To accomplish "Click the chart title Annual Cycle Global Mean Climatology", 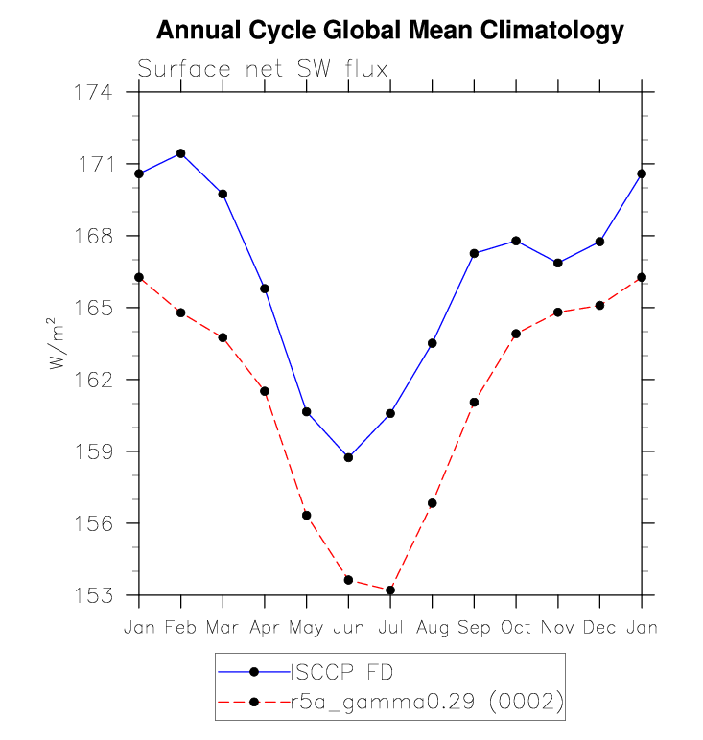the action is coord(390,31).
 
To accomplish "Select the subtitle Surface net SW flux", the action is coord(263,69).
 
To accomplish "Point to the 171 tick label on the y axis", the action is coord(96,164).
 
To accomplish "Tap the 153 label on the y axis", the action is coord(94,595).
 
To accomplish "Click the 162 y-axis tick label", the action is coord(94,380).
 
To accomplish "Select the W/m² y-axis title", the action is coord(57,343).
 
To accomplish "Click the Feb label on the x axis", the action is coord(180,627).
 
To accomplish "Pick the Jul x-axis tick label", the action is coord(390,627).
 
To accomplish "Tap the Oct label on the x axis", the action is coord(516,627).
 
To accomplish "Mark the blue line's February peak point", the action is coord(181,153).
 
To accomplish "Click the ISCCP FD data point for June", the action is coord(348,457).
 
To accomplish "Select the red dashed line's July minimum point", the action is coord(390,590).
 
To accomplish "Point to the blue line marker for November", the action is coord(558,263).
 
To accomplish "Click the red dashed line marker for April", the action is coord(265,391).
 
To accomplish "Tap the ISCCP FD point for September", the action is coord(474,253).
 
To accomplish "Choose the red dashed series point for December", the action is coord(599,306).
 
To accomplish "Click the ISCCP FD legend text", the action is coord(341,672).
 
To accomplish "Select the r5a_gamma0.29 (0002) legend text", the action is coord(427,702).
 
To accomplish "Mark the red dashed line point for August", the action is coord(432,503).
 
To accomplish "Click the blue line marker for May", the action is coord(306,412).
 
